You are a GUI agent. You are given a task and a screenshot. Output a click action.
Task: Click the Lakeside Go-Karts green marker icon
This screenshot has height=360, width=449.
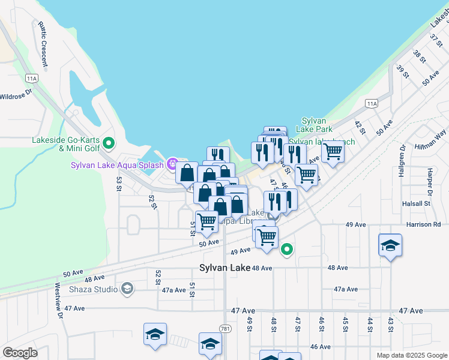tap(109, 143)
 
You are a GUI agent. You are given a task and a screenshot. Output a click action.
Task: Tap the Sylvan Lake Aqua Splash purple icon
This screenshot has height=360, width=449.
tap(172, 164)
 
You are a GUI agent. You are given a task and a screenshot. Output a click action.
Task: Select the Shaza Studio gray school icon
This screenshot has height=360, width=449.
tap(127, 289)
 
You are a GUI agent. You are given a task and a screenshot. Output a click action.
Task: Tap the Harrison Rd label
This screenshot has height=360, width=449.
tap(427, 224)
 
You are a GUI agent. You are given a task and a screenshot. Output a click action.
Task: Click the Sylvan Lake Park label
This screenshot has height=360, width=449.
tap(317, 125)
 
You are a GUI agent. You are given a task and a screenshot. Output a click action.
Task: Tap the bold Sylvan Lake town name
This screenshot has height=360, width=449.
tap(224, 268)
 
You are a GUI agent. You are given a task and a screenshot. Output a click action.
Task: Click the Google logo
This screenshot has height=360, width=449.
tap(20, 352)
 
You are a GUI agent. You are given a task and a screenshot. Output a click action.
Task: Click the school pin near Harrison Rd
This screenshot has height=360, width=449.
tap(390, 245)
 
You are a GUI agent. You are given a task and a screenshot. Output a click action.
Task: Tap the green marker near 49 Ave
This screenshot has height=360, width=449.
tap(288, 248)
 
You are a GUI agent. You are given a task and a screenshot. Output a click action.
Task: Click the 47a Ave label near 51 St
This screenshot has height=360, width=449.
tap(174, 289)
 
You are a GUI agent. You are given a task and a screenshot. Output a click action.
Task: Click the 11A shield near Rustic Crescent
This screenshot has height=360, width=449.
tap(32, 78)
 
